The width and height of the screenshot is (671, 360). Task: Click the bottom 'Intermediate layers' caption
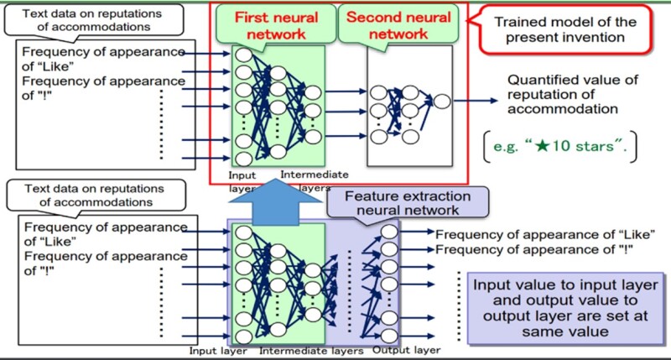coord(312,350)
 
